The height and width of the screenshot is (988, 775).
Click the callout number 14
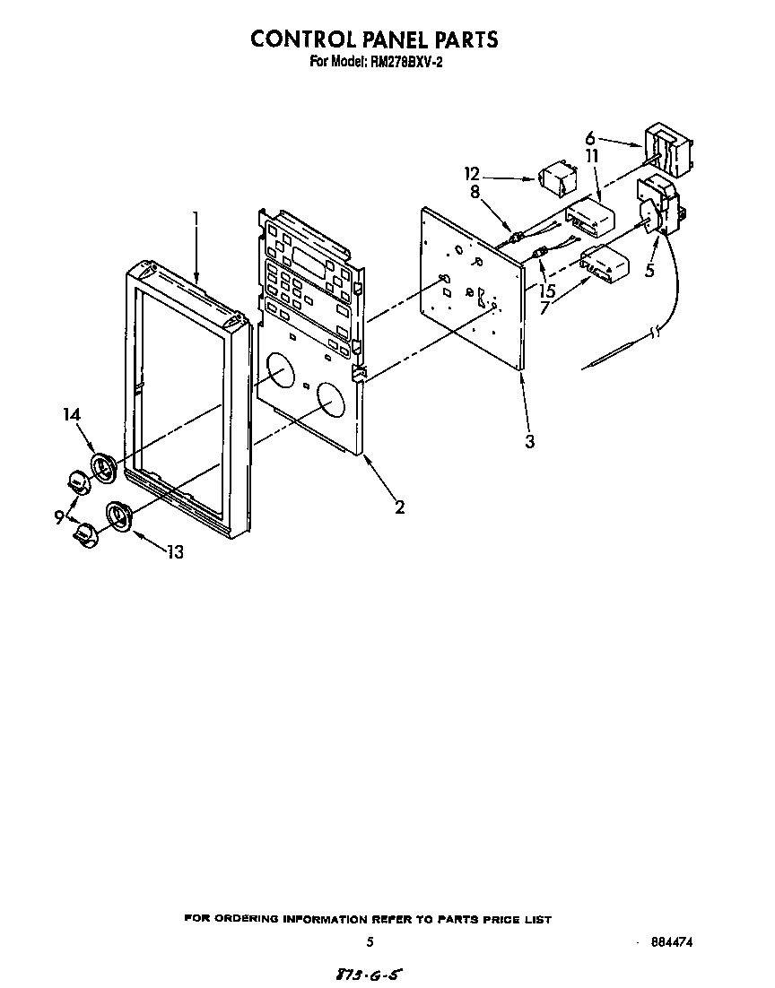click(72, 414)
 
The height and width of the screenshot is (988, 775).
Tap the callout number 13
click(175, 552)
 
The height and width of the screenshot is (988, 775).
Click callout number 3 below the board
click(530, 441)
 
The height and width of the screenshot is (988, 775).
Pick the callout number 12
click(473, 173)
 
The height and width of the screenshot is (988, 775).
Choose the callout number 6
click(590, 137)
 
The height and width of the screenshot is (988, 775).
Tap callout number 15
click(547, 291)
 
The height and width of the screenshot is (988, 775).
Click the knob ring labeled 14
click(103, 469)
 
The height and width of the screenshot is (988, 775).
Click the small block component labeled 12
click(558, 178)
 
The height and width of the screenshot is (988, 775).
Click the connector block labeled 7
click(605, 264)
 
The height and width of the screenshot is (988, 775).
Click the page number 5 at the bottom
click(370, 942)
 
